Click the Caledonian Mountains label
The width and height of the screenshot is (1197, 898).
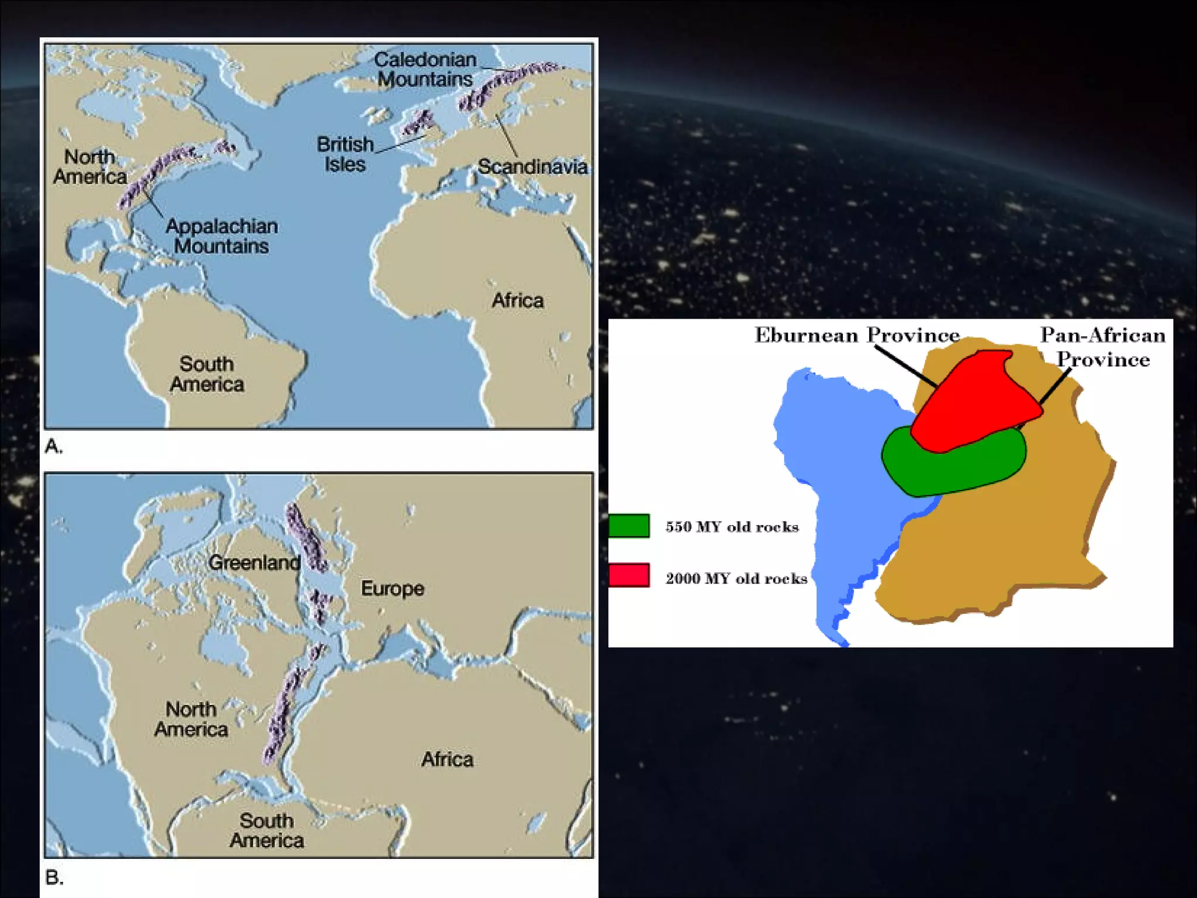pyautogui.click(x=425, y=69)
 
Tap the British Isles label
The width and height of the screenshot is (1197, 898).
pyautogui.click(x=345, y=154)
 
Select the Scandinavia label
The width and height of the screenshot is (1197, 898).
pyautogui.click(x=532, y=167)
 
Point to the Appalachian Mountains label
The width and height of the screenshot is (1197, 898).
pyautogui.click(x=222, y=236)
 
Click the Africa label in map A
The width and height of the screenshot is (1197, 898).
pyautogui.click(x=518, y=301)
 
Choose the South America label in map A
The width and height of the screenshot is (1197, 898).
pyautogui.click(x=207, y=374)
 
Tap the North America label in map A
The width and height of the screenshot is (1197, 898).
pyautogui.click(x=90, y=167)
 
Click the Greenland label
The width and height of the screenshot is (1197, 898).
pyautogui.click(x=254, y=562)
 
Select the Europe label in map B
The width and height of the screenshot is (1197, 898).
pyautogui.click(x=392, y=588)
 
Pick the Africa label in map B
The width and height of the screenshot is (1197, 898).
pyautogui.click(x=447, y=759)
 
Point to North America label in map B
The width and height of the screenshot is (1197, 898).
pyautogui.click(x=191, y=719)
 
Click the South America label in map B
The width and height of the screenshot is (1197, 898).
pyautogui.click(x=267, y=830)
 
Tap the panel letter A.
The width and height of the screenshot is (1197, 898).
pyautogui.click(x=53, y=447)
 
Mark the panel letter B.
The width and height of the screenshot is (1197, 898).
pyautogui.click(x=54, y=878)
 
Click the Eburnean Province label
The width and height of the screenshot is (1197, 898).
pyautogui.click(x=857, y=335)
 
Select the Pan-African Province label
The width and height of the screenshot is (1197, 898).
pyautogui.click(x=1103, y=347)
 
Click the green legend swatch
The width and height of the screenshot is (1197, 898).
pyautogui.click(x=629, y=525)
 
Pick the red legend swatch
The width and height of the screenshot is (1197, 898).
pyautogui.click(x=629, y=575)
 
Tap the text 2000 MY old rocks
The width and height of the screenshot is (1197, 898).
pyautogui.click(x=736, y=578)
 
